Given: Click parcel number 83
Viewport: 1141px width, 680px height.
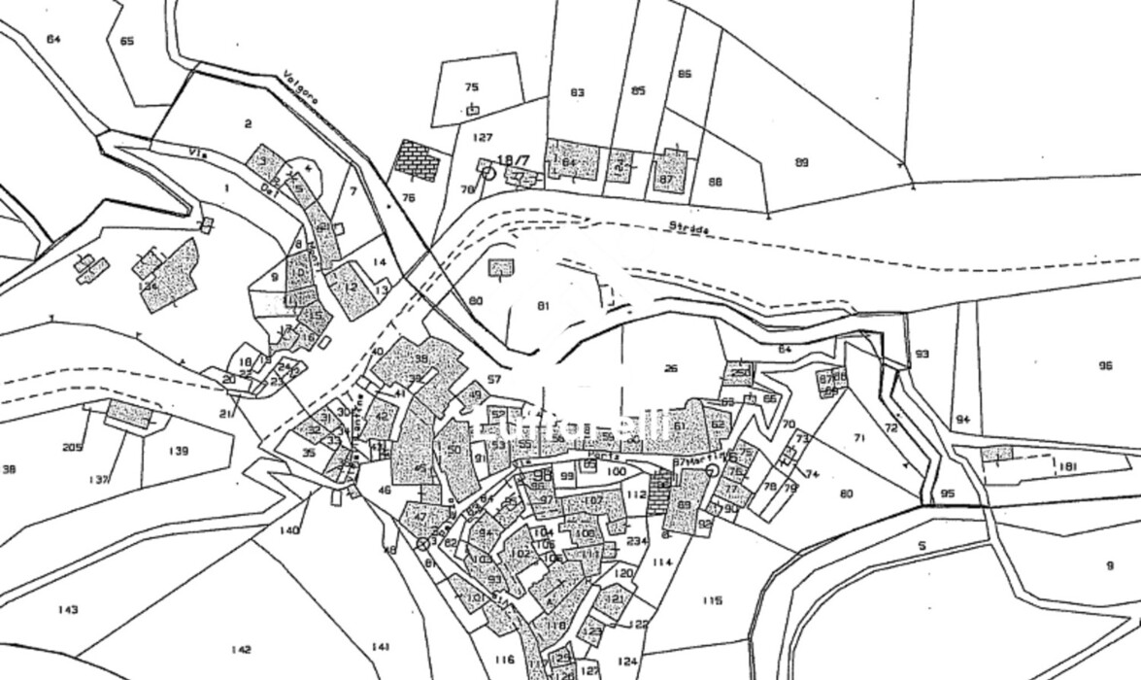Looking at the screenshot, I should click(578, 93).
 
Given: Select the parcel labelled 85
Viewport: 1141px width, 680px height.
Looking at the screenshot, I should click(638, 91).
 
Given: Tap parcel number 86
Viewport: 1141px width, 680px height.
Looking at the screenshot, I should click(685, 75).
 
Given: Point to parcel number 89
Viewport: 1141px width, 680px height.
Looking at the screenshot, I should click(801, 162).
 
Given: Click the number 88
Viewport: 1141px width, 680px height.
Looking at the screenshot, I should click(716, 182).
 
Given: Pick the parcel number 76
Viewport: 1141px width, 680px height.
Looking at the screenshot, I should click(409, 197).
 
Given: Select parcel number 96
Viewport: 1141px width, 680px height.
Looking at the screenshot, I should click(1105, 366).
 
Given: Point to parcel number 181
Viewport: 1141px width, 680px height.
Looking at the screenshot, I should click(1068, 467).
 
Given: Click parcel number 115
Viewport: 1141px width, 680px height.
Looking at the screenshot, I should click(712, 601).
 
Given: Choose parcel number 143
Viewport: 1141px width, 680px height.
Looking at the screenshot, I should click(67, 610).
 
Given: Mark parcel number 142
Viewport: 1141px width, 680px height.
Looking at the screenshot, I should click(242, 650).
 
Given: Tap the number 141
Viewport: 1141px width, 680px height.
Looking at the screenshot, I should click(380, 647).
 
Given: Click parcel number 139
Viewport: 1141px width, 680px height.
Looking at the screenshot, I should click(178, 451).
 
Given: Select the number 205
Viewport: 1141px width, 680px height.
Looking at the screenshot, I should click(72, 447).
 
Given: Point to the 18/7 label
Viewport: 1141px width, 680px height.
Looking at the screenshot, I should click(513, 160).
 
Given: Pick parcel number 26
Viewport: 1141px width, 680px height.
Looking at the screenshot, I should click(671, 368).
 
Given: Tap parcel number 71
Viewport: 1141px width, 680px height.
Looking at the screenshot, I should click(859, 438).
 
